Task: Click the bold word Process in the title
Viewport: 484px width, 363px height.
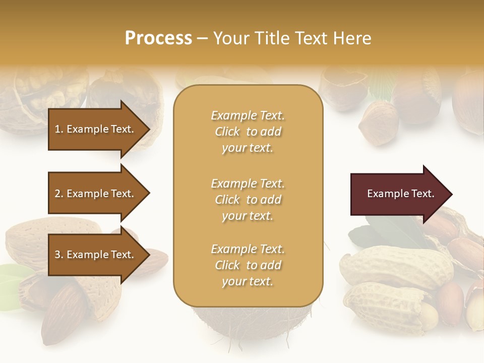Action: pyautogui.click(x=158, y=38)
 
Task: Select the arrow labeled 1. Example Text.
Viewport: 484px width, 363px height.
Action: pyautogui.click(x=96, y=129)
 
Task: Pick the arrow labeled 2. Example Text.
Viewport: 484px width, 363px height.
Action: pyautogui.click(x=96, y=194)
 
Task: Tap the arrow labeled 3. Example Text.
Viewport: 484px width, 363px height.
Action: pyautogui.click(x=96, y=255)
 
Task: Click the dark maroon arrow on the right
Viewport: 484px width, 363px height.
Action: pyautogui.click(x=393, y=194)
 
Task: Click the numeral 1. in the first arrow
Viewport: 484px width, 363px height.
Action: pyautogui.click(x=59, y=129)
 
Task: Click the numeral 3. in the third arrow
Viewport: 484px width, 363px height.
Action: pyautogui.click(x=59, y=255)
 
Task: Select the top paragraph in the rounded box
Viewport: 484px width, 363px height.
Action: pyautogui.click(x=248, y=132)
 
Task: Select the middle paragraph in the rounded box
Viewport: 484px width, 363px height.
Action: pyautogui.click(x=248, y=200)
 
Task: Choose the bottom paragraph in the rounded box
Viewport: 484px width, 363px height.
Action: pyautogui.click(x=248, y=265)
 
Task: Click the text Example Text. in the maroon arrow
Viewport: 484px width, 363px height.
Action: pyautogui.click(x=400, y=194)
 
